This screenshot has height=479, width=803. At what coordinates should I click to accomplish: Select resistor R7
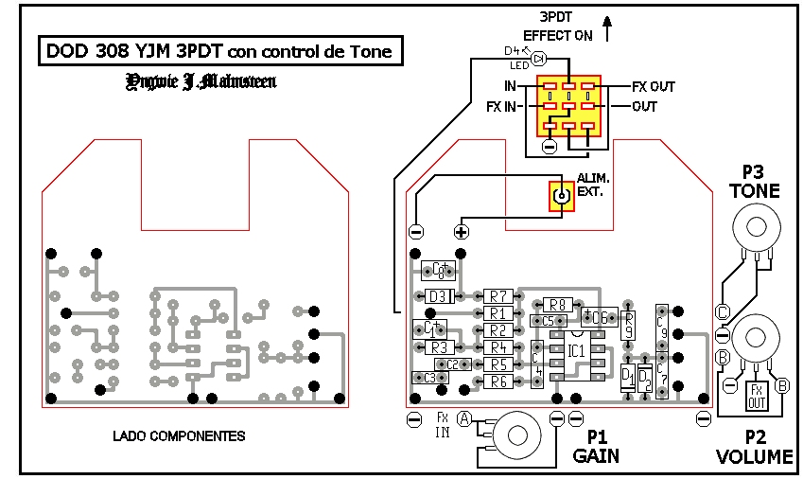[498, 296]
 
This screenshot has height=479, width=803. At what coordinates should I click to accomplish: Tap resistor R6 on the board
[498, 381]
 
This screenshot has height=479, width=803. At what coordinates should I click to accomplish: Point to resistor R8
[556, 305]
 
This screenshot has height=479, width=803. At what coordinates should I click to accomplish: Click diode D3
[437, 296]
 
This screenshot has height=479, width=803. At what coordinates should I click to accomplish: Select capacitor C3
[429, 378]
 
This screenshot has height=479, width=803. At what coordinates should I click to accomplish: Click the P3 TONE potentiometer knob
[754, 227]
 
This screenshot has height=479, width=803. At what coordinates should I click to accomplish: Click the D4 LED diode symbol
[539, 59]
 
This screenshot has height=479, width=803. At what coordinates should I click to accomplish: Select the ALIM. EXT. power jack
[562, 197]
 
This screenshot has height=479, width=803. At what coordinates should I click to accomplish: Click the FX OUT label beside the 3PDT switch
[654, 87]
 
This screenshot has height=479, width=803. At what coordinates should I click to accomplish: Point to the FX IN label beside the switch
[501, 107]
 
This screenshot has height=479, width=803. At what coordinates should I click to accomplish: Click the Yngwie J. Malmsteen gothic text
[201, 82]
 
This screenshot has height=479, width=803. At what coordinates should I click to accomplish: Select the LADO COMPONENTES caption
[179, 436]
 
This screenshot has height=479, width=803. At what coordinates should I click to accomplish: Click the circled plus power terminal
[462, 232]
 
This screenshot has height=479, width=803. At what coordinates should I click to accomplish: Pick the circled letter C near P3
[723, 311]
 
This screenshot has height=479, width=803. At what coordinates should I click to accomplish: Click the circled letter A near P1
[464, 417]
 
